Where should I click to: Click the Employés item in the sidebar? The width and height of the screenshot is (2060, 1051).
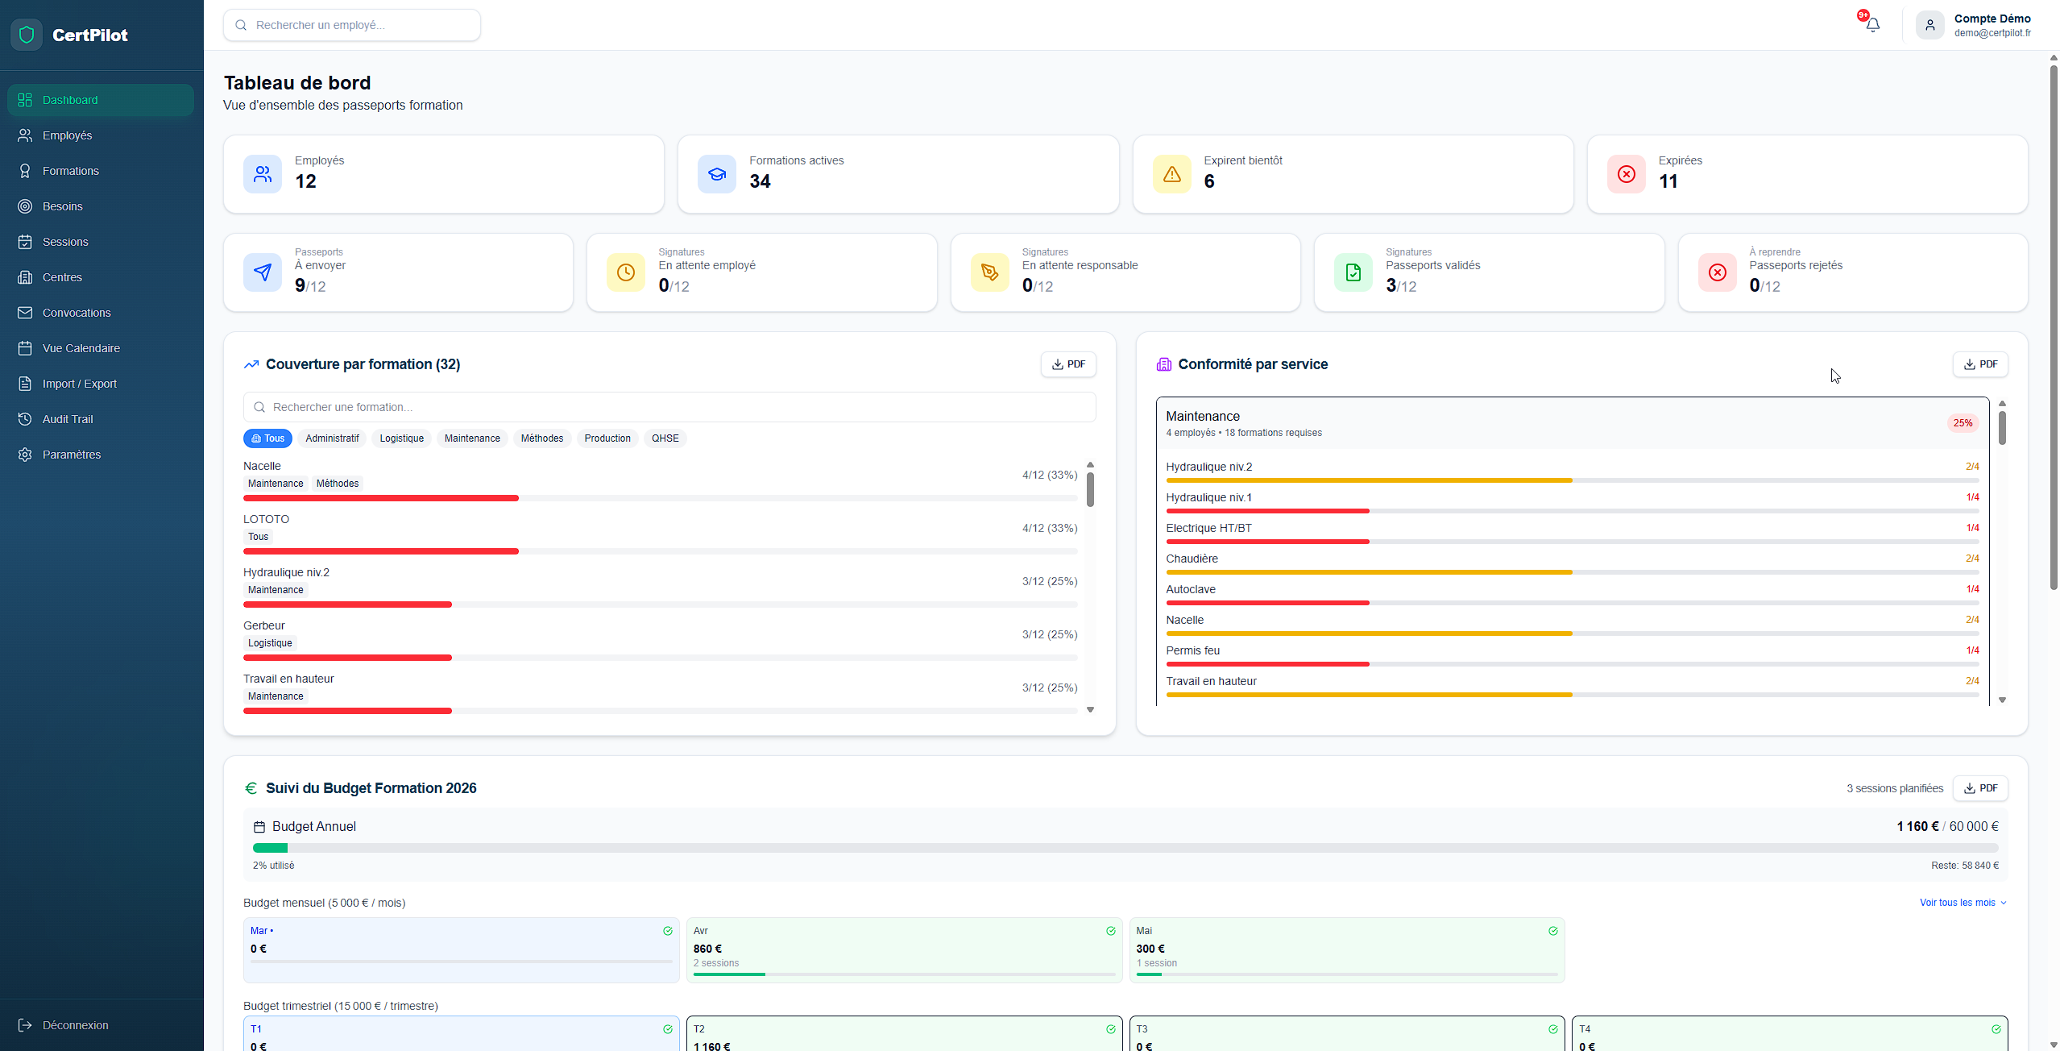tap(67, 135)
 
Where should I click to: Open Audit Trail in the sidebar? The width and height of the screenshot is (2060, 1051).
tap(68, 419)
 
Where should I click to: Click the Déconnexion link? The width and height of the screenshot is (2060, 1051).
tap(75, 1025)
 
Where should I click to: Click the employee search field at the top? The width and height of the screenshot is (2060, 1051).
tap(352, 25)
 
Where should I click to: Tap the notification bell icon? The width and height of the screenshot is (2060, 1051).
tap(1873, 25)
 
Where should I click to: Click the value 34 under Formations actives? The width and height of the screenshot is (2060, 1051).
tap(760, 181)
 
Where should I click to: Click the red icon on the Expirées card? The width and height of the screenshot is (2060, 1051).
tap(1626, 174)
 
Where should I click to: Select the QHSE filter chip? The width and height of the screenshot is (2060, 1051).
tap(665, 438)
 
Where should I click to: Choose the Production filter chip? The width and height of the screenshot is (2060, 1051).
tap(607, 438)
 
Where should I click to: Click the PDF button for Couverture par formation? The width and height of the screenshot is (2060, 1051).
tap(1068, 364)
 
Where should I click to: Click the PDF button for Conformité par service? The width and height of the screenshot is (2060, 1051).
tap(1980, 364)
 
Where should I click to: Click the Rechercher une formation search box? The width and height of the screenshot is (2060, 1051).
tap(669, 407)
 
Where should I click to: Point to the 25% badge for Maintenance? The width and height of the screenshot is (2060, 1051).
tap(1963, 423)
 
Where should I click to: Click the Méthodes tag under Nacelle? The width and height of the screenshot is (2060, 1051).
tap(338, 484)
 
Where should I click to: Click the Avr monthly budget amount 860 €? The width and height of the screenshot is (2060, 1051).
tap(707, 949)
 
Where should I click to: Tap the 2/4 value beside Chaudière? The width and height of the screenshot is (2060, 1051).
tap(1972, 559)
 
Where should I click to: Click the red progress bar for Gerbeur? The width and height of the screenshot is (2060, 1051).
tap(347, 658)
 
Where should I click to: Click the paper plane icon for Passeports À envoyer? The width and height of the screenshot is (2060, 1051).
tap(263, 272)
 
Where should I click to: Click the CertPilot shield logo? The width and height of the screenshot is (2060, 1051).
tap(27, 35)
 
